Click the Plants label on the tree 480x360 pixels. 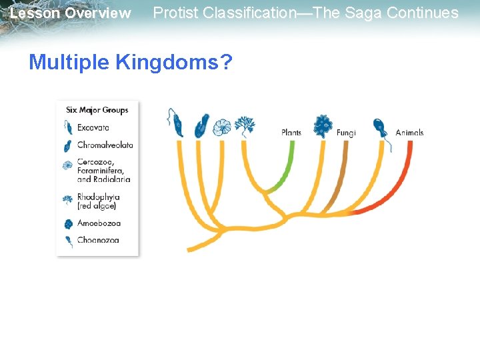click(291, 133)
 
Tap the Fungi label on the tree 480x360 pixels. click(346, 133)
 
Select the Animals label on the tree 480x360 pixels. click(409, 133)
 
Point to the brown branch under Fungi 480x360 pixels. click(341, 173)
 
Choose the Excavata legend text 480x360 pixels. click(93, 127)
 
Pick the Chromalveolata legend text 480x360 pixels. click(105, 145)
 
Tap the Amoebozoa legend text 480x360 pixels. click(99, 223)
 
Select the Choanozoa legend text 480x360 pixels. click(98, 239)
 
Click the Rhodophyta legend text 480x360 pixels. click(99, 197)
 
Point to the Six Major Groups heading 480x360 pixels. click(97, 110)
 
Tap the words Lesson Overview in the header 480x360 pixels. click(71, 13)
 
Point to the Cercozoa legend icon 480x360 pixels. click(67, 165)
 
